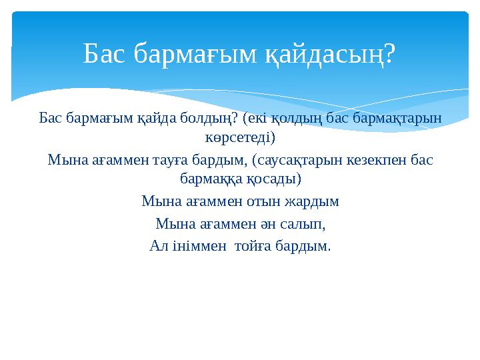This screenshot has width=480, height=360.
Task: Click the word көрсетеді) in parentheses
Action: (240, 138)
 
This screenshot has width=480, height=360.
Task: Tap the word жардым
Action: (313, 201)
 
